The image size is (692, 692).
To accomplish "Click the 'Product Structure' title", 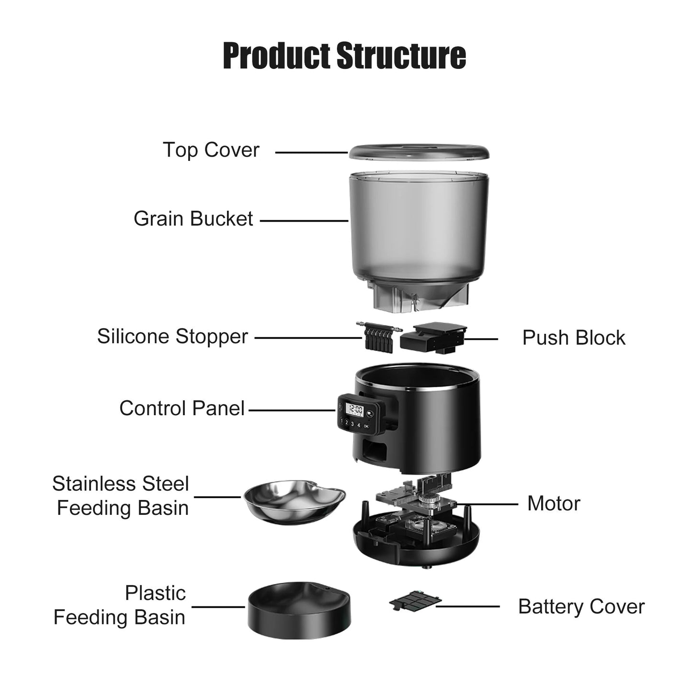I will tap(344, 56).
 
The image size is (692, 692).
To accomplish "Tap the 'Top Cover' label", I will tap(211, 150).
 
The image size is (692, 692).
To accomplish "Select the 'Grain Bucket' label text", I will tap(193, 219).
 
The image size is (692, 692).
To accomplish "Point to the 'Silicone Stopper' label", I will tap(172, 336).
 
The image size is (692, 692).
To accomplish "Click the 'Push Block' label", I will tap(573, 338).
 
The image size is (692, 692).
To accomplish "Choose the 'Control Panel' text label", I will tap(182, 408).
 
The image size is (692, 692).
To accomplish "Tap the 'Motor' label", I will tap(553, 503).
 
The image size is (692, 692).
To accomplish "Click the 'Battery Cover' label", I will tap(581, 607).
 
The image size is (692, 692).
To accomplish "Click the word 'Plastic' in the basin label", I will tap(155, 593).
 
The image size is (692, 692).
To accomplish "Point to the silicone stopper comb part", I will tap(378, 337).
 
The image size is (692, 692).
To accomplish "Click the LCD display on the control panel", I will tap(355, 410).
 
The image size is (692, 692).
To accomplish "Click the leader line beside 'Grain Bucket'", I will tap(304, 221).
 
